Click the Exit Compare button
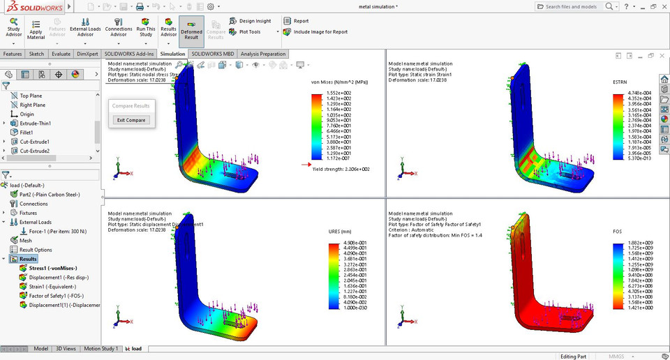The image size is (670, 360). pyautogui.click(x=131, y=120)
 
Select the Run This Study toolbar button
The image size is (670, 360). pyautogui.click(x=146, y=29)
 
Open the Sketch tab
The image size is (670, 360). pyautogui.click(x=36, y=54)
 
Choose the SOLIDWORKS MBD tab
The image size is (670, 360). pyautogui.click(x=213, y=54)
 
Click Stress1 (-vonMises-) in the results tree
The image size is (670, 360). pyautogui.click(x=52, y=268)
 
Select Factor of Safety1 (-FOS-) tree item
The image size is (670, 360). pyautogui.click(x=57, y=295)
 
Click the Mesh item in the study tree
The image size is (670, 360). pyautogui.click(x=25, y=241)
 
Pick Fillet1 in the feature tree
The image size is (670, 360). pyautogui.click(x=27, y=132)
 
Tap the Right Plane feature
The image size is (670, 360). pyautogui.click(x=33, y=105)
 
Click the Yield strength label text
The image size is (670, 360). pyautogui.click(x=341, y=169)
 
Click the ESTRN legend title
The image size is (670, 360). pyautogui.click(x=620, y=82)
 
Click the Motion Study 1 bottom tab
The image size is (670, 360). pyautogui.click(x=102, y=348)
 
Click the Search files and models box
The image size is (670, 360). pyautogui.click(x=571, y=6)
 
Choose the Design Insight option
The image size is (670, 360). pyautogui.click(x=254, y=21)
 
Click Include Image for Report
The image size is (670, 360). pyautogui.click(x=320, y=31)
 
